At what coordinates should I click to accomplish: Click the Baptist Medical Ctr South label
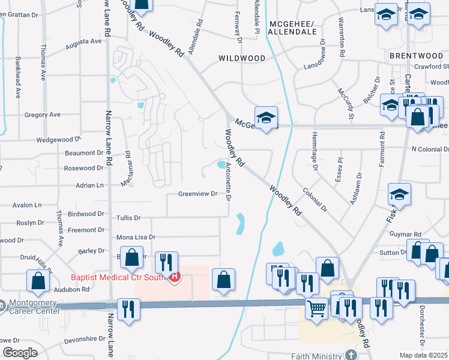(120, 277)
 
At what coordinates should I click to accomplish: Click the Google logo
(20, 353)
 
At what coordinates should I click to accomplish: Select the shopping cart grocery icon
(316, 308)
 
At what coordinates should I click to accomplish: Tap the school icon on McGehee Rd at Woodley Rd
(266, 117)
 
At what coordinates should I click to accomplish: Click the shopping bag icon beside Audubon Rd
(38, 280)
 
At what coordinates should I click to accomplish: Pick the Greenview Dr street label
(197, 194)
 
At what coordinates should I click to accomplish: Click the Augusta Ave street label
(83, 41)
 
